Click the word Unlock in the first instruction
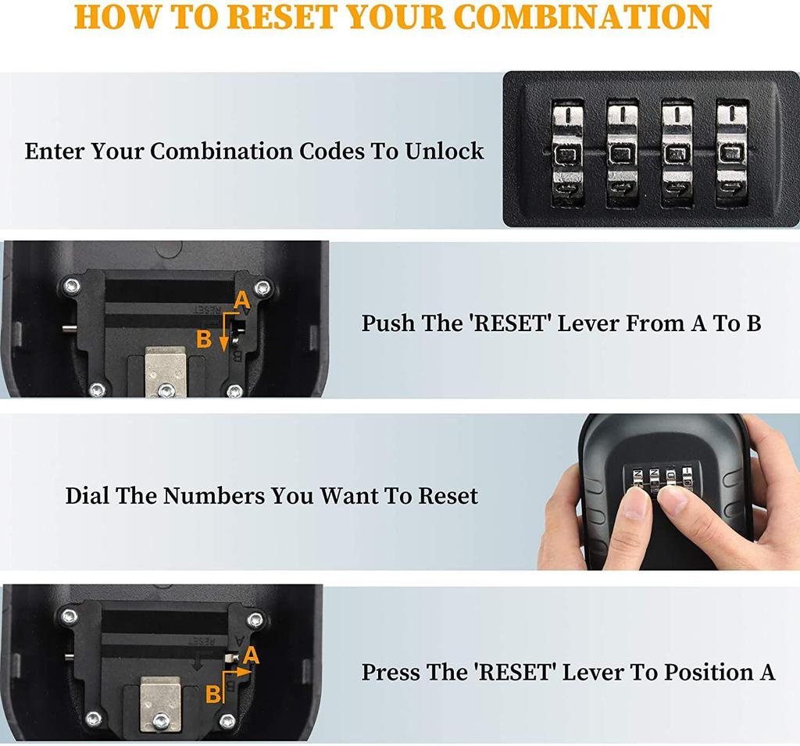[x=445, y=151]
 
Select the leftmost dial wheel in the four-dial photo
[x=568, y=152]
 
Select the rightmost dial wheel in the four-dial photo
[x=731, y=152]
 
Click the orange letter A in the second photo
[x=241, y=299]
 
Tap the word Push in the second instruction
[x=389, y=323]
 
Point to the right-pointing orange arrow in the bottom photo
[x=242, y=669]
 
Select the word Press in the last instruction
[x=391, y=672]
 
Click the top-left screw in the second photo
[x=73, y=285]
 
